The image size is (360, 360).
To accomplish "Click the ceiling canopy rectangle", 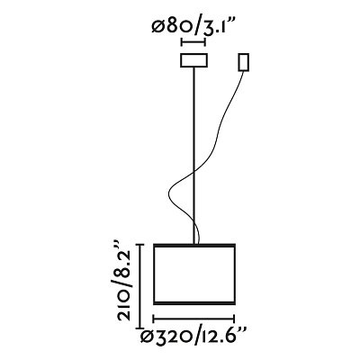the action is tap(193, 60).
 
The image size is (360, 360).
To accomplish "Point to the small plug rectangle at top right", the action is tap(244, 62).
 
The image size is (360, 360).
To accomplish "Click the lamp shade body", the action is tap(194, 274).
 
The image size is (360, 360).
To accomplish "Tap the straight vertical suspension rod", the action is tap(194, 156).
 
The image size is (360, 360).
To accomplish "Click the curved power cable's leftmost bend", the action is tap(169, 192).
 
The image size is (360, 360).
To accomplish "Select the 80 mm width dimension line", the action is tap(193, 42).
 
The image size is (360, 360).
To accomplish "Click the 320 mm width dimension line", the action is tap(193, 319).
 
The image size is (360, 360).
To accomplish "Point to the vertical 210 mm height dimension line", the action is tap(139, 286).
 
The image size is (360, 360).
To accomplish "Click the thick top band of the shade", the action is tap(194, 245).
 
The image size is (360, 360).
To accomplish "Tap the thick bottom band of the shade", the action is tap(194, 303).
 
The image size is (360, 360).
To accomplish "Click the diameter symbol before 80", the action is tap(157, 28).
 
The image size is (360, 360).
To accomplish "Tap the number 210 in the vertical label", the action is tap(124, 306).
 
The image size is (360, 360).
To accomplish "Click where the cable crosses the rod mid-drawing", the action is tap(194, 171).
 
